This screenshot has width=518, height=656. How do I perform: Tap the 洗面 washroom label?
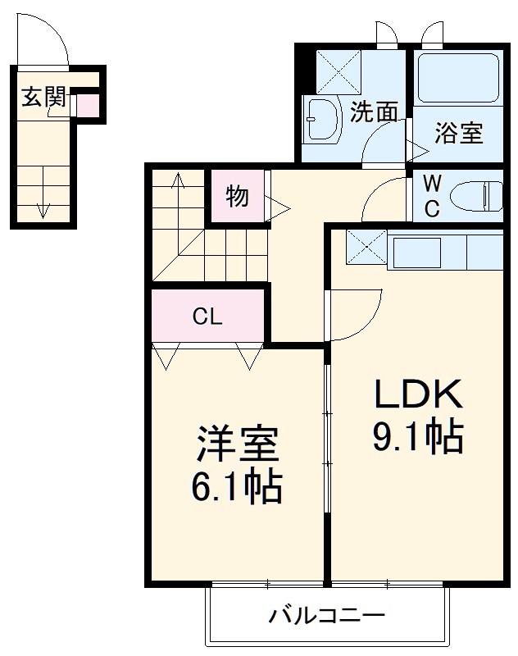click(374, 112)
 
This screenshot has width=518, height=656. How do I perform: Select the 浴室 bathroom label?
click(458, 132)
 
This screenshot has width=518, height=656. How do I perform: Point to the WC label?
click(432, 196)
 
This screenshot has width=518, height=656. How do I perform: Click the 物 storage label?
click(237, 196)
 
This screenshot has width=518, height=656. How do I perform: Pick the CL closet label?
click(207, 317)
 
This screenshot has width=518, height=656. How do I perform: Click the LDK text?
click(419, 396)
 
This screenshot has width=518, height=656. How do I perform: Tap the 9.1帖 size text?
click(419, 438)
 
